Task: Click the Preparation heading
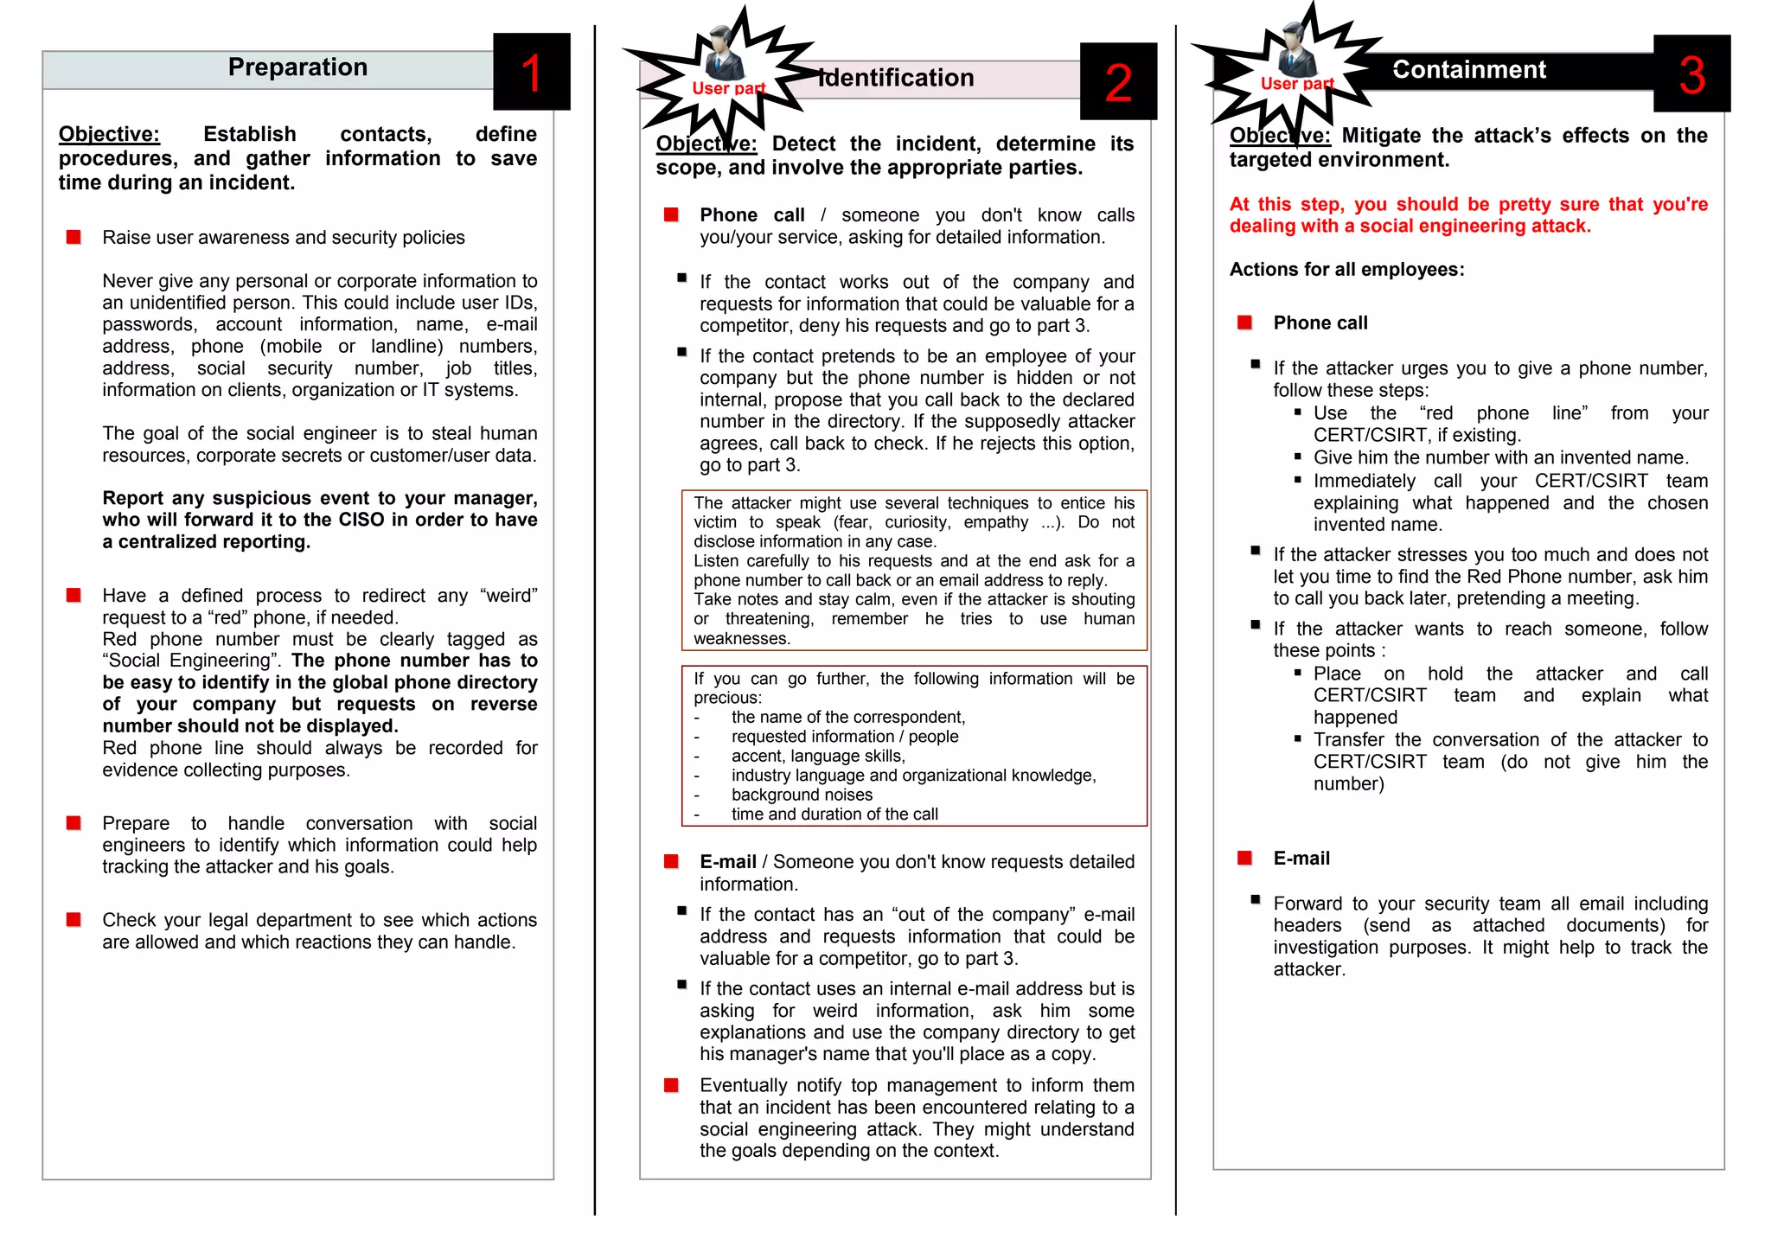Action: point(297,67)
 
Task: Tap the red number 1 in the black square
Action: point(531,73)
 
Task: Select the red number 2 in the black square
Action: point(1117,83)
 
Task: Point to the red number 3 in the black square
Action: point(1691,75)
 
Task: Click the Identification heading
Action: point(897,79)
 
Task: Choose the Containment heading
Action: point(1468,70)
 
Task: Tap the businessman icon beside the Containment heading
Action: point(1295,49)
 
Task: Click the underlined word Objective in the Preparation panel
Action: point(109,135)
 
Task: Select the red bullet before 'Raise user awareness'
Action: point(74,237)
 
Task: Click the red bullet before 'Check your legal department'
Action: point(74,920)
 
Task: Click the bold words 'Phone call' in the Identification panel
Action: point(751,215)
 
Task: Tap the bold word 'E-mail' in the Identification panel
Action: point(727,862)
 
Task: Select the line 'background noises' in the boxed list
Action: point(802,795)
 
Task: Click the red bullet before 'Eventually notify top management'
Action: point(671,1085)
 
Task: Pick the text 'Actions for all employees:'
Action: point(1346,270)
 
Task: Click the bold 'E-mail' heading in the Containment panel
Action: point(1301,859)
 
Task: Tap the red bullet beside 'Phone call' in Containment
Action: point(1244,323)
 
